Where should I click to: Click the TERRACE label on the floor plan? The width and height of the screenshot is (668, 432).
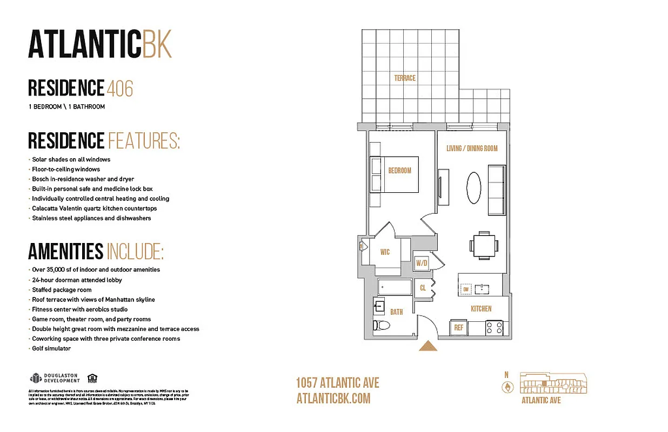pyautogui.click(x=404, y=78)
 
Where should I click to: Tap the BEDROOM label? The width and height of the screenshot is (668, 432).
pyautogui.click(x=399, y=171)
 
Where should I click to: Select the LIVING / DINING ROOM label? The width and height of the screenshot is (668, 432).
pyautogui.click(x=472, y=148)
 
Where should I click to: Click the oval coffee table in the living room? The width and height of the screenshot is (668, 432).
pyautogui.click(x=473, y=187)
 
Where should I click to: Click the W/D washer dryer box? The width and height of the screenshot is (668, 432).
pyautogui.click(x=422, y=263)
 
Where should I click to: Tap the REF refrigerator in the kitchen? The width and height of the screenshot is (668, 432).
pyautogui.click(x=458, y=327)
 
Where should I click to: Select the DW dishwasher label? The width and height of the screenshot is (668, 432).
pyautogui.click(x=465, y=290)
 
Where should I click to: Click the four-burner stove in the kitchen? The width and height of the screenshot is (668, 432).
pyautogui.click(x=495, y=327)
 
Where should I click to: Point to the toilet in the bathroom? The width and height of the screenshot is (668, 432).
pyautogui.click(x=380, y=326)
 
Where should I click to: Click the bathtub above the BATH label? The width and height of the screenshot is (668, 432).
pyautogui.click(x=394, y=287)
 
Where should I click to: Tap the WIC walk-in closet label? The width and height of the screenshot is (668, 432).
pyautogui.click(x=385, y=252)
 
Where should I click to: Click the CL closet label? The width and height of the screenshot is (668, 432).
pyautogui.click(x=423, y=288)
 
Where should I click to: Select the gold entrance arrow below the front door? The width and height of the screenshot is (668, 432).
pyautogui.click(x=428, y=346)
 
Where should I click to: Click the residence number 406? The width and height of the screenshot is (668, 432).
pyautogui.click(x=119, y=89)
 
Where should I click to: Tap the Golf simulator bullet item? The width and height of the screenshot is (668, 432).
pyautogui.click(x=51, y=348)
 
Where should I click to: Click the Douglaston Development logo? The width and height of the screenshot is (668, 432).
pyautogui.click(x=54, y=378)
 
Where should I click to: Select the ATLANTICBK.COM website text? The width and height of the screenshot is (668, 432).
pyautogui.click(x=333, y=399)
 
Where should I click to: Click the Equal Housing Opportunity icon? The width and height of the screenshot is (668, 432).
pyautogui.click(x=92, y=378)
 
